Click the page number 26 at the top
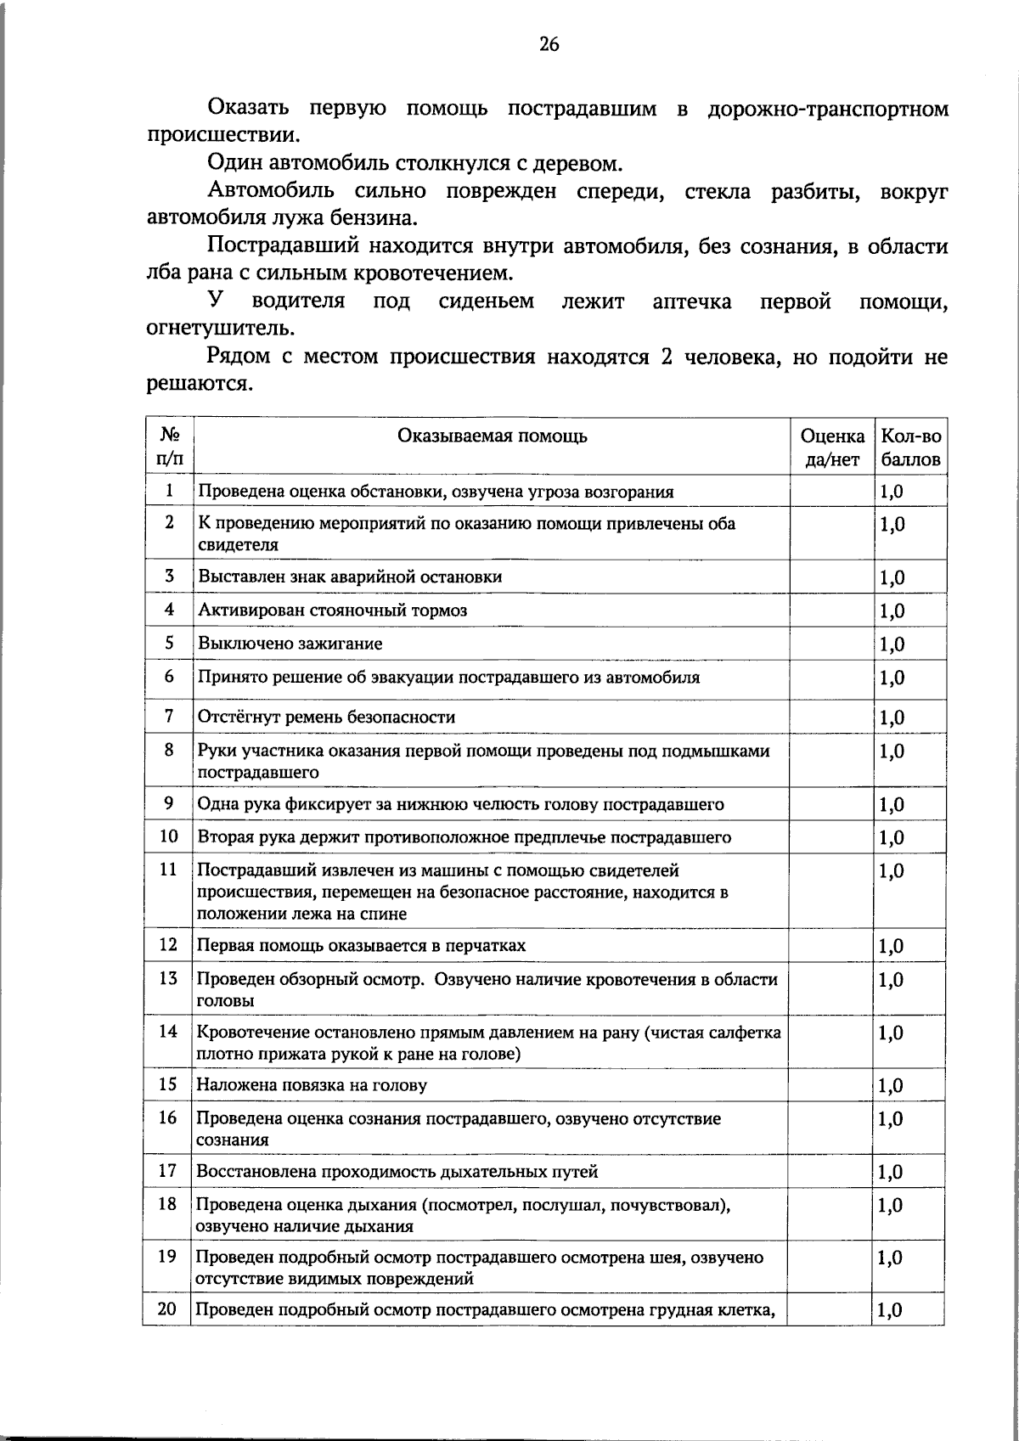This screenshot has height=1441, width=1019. point(549,45)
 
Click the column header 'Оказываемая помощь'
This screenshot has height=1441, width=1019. point(493,436)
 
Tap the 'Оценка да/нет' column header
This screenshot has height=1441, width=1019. point(832,447)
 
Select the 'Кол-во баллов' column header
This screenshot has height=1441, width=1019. point(910,447)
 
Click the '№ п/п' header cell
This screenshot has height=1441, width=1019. point(169,447)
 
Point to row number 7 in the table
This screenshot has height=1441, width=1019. point(169,716)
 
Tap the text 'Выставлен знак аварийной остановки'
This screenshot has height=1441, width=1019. point(350,577)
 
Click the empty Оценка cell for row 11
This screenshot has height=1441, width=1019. point(832,891)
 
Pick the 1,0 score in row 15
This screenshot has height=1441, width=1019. point(890,1085)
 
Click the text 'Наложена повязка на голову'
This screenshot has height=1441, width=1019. point(312,1085)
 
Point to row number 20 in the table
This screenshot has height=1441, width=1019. point(167,1309)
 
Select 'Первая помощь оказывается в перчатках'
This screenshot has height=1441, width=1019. point(361,945)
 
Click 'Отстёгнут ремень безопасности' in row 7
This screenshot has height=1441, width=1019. point(327,717)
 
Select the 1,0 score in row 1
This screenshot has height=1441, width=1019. point(890,492)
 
